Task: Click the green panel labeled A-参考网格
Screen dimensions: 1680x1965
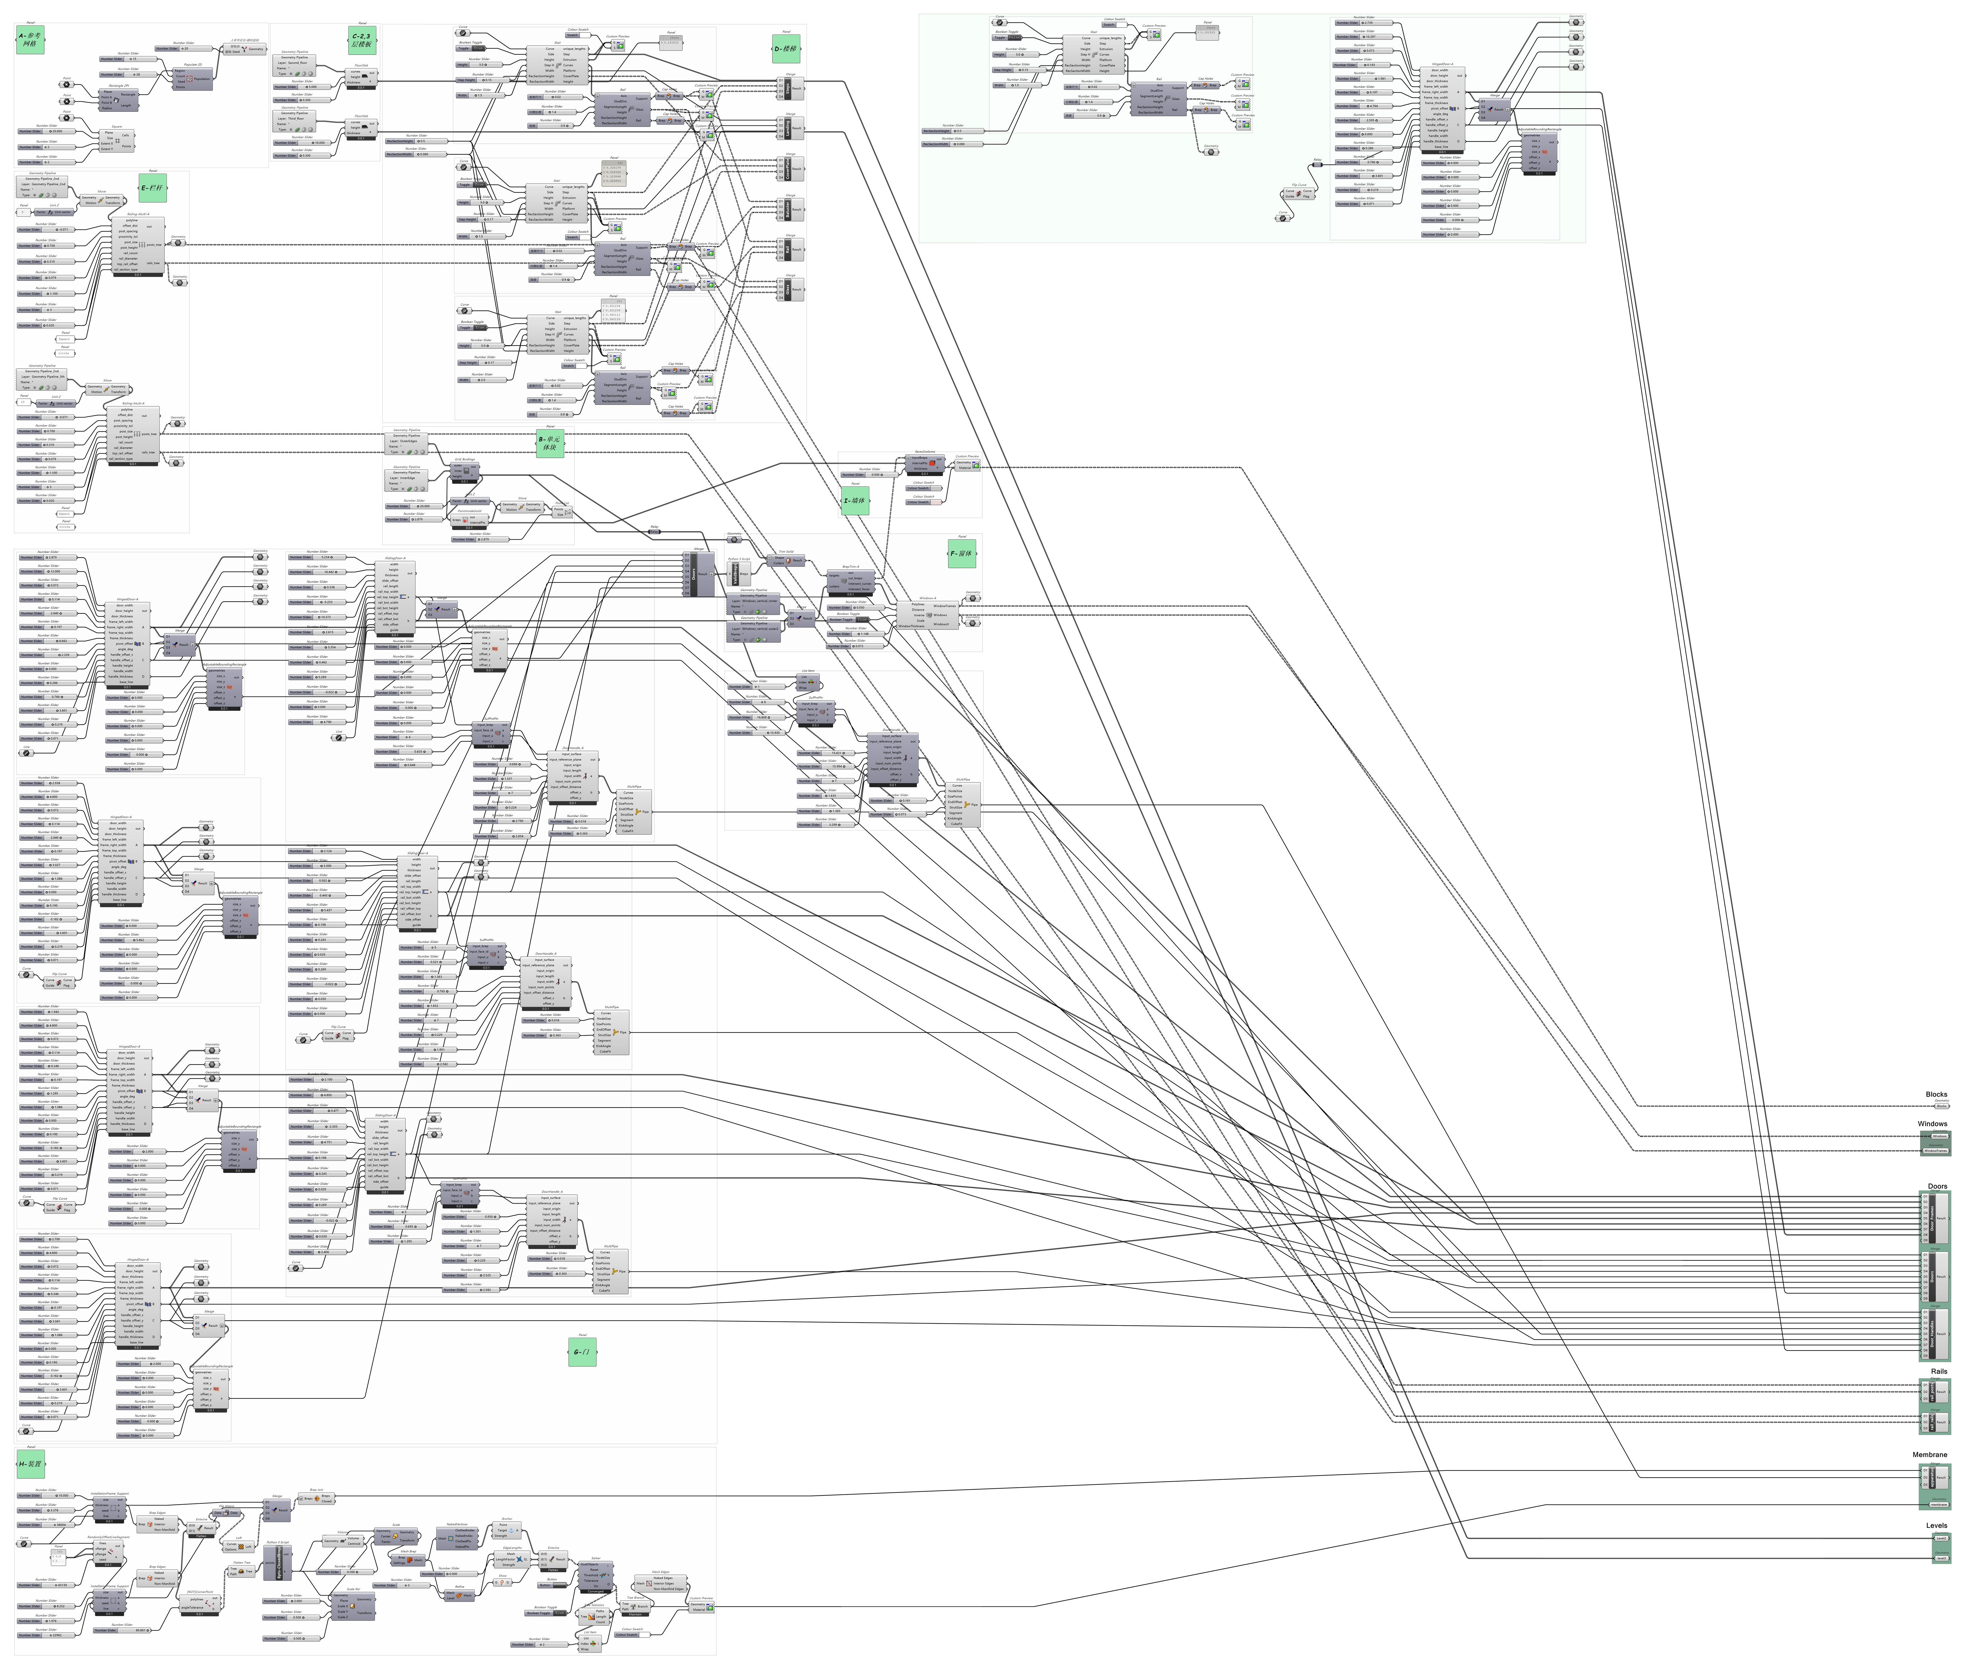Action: (30, 40)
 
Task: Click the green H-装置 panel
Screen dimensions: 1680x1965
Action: (30, 1464)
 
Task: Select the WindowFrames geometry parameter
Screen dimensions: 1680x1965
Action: (1936, 1151)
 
